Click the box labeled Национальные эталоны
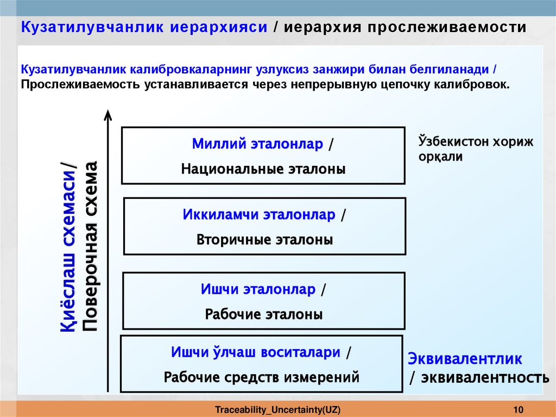[263, 155]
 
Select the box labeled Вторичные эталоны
[265, 226]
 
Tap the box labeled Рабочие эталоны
[264, 301]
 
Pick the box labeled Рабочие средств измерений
[262, 364]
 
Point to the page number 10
[517, 409]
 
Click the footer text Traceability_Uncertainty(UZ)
[277, 409]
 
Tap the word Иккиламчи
[221, 215]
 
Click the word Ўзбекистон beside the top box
[452, 142]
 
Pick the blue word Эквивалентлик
[465, 359]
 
